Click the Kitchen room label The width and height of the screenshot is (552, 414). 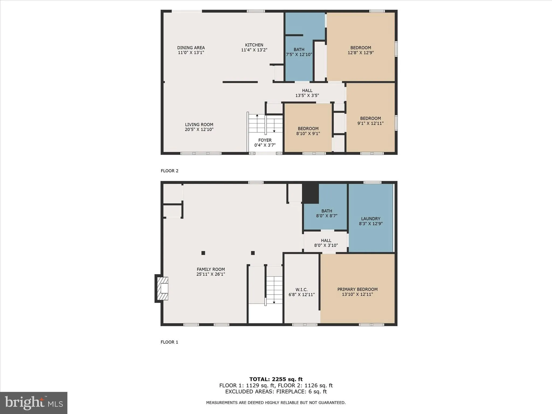[254, 45]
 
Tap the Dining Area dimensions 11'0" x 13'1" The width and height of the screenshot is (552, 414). [191, 53]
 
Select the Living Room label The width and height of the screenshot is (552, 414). [199, 125]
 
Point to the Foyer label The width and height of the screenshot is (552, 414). [265, 140]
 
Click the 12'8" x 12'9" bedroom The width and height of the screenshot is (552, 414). [361, 50]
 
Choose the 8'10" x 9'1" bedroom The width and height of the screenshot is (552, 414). [308, 131]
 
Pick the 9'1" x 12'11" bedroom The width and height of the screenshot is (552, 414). [370, 121]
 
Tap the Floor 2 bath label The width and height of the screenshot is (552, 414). [299, 50]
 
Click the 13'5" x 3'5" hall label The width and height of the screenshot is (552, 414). [307, 93]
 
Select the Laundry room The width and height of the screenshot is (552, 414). [371, 221]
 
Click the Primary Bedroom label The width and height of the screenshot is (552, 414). [357, 289]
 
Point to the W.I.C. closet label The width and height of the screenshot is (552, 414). [301, 290]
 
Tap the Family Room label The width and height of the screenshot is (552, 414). [211, 269]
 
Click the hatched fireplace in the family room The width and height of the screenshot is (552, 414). [163, 288]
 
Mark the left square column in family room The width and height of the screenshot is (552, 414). [203, 253]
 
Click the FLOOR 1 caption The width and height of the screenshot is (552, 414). [169, 342]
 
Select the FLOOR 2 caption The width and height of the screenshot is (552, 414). [170, 171]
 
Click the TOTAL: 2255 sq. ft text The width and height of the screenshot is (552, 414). [276, 379]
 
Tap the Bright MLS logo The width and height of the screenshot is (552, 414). [34, 403]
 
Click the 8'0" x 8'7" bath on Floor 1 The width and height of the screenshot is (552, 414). [326, 213]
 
